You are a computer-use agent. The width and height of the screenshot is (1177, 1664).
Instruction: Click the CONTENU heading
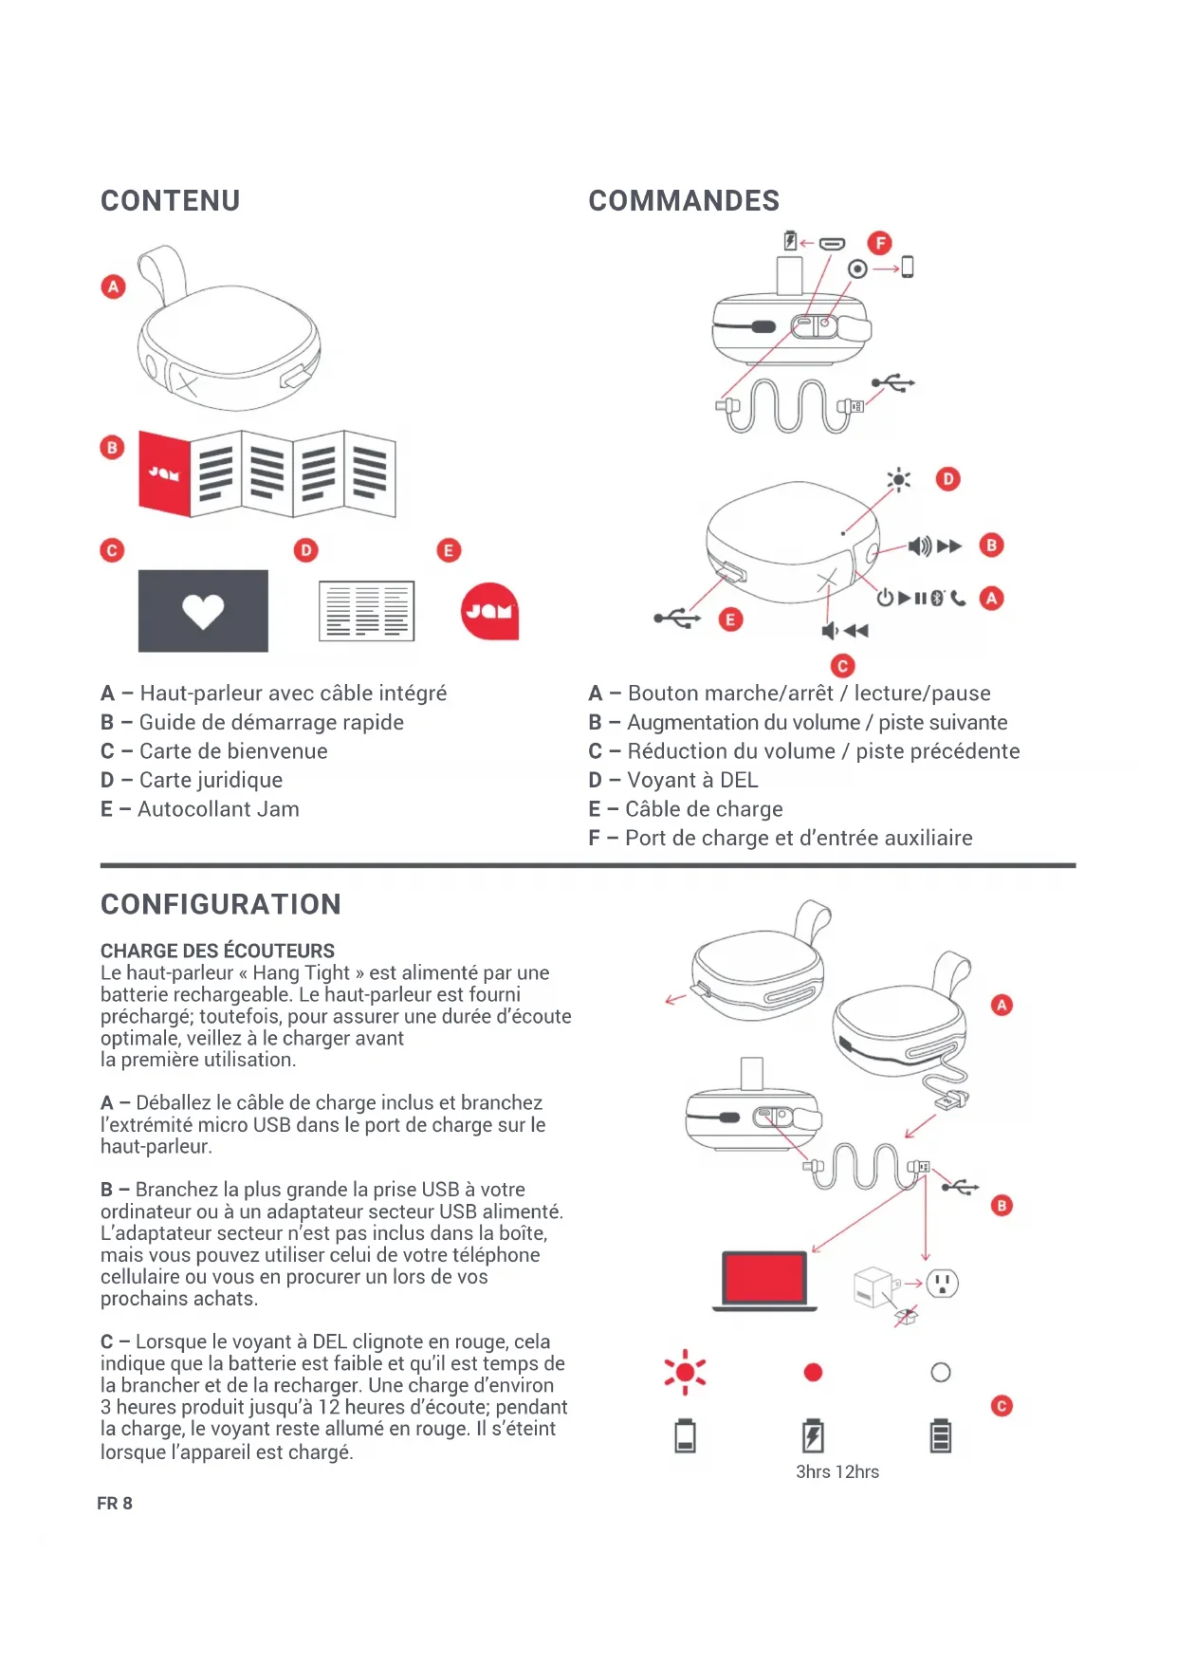coord(170,201)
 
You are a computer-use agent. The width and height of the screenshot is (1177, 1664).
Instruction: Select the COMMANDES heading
coord(683,201)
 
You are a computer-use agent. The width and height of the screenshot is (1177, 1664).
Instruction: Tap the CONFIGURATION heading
coord(220,904)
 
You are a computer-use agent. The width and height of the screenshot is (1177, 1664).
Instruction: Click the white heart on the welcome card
coord(203,611)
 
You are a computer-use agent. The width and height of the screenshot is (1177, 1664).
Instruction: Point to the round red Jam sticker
coord(489,611)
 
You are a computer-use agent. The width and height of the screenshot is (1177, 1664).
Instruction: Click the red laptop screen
coord(764,1278)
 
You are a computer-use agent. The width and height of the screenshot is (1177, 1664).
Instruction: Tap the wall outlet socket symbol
coord(942,1284)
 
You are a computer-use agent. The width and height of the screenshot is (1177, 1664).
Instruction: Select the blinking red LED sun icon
coord(685,1373)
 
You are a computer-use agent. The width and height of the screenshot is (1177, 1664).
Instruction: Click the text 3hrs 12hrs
coord(837,1471)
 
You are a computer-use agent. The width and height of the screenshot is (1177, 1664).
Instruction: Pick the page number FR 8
coord(115,1504)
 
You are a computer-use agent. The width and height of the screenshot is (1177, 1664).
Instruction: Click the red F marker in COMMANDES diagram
coord(880,243)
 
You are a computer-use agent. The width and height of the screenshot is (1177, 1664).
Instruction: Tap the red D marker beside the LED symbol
coord(947,479)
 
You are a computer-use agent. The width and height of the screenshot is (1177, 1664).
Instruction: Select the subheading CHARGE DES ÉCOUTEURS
coord(217,951)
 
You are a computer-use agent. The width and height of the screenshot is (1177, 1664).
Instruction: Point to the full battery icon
coord(940,1435)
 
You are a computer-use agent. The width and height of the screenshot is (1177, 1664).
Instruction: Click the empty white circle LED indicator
coord(940,1373)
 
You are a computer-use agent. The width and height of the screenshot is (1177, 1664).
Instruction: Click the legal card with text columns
coord(366,610)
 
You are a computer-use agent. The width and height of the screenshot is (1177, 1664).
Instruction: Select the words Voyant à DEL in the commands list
coord(692,780)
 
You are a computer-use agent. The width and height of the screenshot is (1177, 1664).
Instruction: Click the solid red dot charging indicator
coord(813,1373)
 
